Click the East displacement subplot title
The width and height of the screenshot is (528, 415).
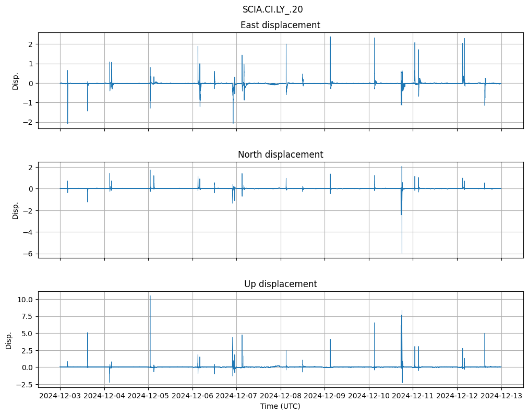coord(280,25)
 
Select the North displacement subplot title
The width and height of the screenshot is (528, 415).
coord(280,155)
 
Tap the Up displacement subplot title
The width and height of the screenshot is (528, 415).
coord(280,284)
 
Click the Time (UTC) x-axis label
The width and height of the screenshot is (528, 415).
coord(280,406)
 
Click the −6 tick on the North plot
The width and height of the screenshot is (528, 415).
coord(30,254)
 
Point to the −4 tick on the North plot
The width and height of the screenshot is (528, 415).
coord(30,232)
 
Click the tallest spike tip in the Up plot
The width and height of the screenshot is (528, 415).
coord(150,296)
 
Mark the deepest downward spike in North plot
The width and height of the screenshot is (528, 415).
coord(402,253)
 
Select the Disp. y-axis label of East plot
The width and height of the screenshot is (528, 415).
coord(16,81)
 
